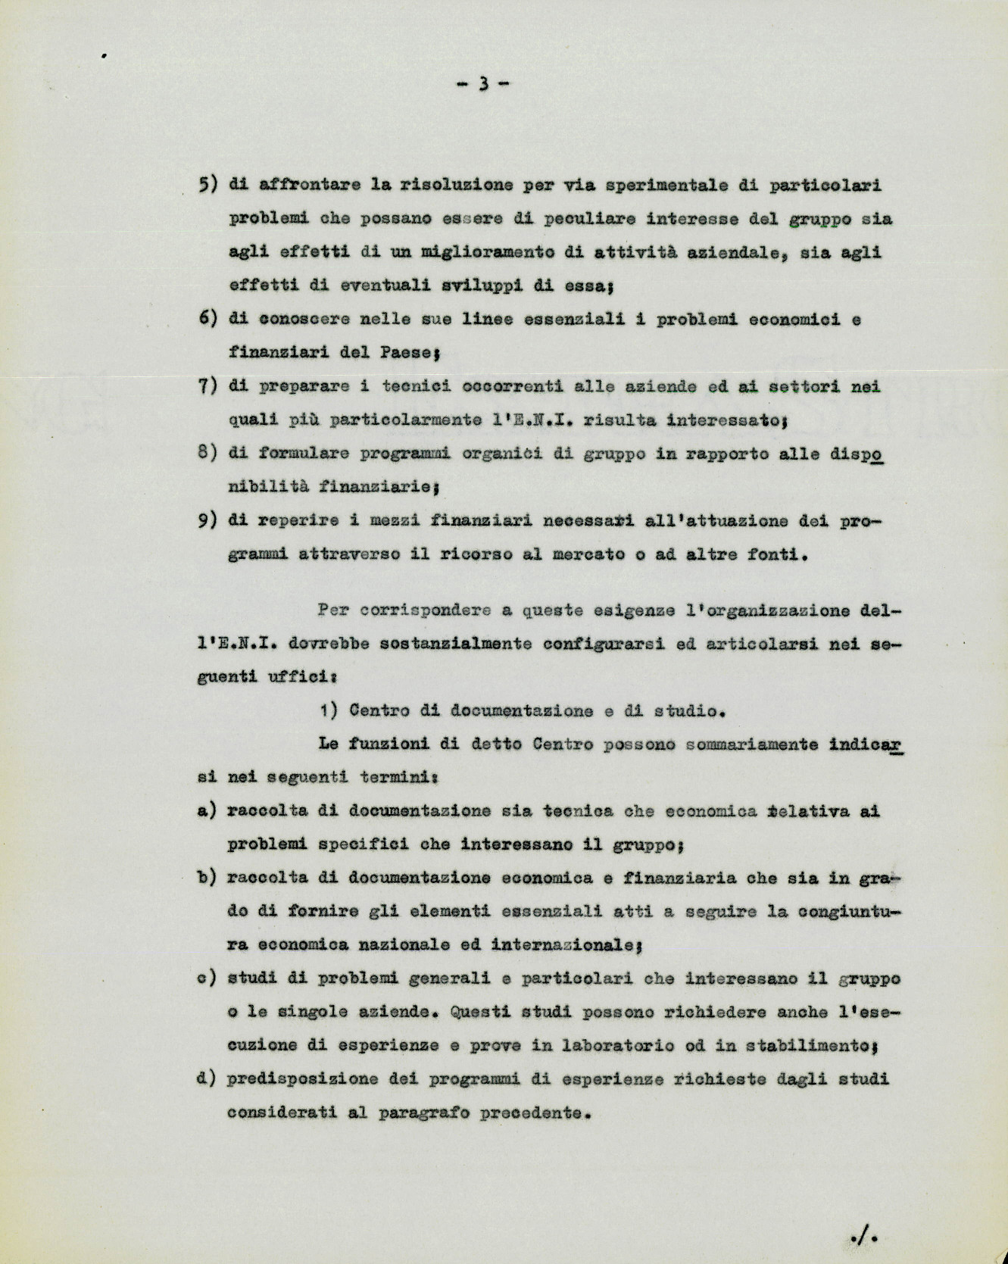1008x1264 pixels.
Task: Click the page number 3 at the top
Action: click(482, 84)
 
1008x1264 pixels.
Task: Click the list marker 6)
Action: click(208, 319)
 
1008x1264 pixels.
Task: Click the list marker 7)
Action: click(208, 386)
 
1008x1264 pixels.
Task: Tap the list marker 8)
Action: click(208, 453)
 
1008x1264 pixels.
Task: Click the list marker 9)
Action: click(208, 521)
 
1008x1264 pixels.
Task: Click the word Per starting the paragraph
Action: click(333, 610)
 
